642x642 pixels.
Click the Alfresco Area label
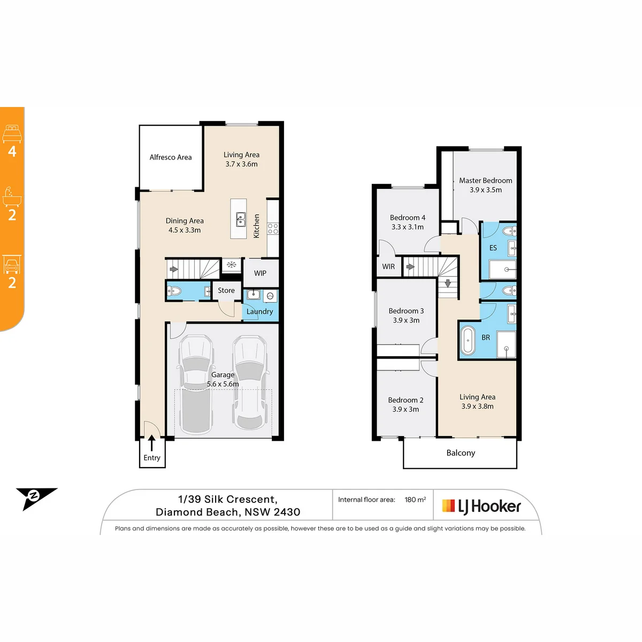coord(170,157)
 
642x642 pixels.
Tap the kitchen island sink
coord(241,219)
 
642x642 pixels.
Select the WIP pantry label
coord(260,273)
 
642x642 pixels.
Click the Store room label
coord(226,290)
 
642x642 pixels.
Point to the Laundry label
coord(259,311)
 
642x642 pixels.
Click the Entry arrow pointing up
coord(151,443)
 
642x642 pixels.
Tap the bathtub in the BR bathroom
coord(468,340)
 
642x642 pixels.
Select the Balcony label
coord(461,453)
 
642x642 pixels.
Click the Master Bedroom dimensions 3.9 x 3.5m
coord(485,190)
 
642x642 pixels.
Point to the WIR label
coord(388,266)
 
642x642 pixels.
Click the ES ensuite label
coord(493,248)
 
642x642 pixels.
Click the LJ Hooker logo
coord(481,507)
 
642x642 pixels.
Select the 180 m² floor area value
coord(415,499)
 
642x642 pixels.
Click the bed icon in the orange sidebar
coord(12,134)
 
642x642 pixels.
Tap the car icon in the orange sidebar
coord(12,264)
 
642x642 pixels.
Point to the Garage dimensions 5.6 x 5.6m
coord(223,384)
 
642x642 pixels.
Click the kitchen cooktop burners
coord(272,228)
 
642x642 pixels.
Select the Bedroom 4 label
coord(408,218)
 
